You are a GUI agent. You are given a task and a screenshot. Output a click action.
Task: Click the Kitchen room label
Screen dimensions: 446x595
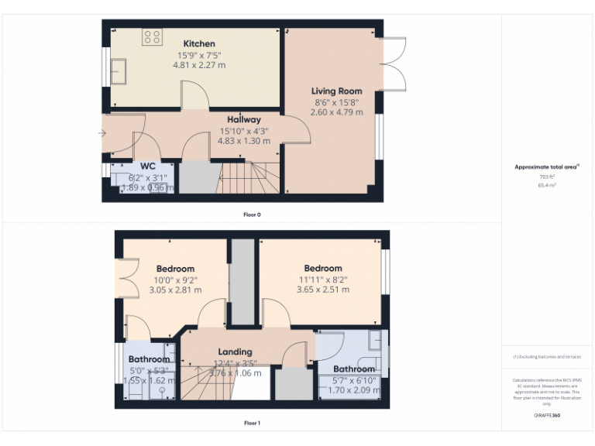(x=199, y=43)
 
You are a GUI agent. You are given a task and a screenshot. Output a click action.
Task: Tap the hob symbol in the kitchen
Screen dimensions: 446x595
(x=152, y=36)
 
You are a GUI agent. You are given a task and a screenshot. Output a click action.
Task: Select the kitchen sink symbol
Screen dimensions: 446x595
(x=121, y=71)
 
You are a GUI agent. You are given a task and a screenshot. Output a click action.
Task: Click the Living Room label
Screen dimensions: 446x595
(x=336, y=91)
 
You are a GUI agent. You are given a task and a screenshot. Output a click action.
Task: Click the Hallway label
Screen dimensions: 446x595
(x=243, y=119)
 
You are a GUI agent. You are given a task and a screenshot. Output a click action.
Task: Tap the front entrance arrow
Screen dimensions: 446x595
(x=103, y=134)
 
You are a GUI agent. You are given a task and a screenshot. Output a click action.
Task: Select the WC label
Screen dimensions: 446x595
(x=148, y=166)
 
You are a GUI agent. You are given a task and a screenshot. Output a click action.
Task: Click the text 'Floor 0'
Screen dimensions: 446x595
(x=252, y=214)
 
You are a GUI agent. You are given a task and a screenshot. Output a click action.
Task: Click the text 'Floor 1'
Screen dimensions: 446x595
(x=252, y=423)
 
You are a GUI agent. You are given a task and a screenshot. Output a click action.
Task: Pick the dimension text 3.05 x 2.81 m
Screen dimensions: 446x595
(x=175, y=290)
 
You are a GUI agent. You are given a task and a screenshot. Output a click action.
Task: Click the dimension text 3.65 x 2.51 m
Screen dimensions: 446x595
(x=323, y=290)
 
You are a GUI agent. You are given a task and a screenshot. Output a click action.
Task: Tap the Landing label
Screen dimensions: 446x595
(x=235, y=352)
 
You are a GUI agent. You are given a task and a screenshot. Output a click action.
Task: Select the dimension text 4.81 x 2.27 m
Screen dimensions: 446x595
(x=199, y=65)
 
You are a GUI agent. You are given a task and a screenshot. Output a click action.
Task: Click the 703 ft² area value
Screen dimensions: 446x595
(x=547, y=177)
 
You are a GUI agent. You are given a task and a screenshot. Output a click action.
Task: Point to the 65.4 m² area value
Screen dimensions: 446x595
(x=547, y=186)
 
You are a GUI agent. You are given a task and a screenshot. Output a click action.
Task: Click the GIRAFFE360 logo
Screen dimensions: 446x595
(x=547, y=416)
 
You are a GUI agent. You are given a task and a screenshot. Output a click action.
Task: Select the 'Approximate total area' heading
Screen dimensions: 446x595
(x=547, y=166)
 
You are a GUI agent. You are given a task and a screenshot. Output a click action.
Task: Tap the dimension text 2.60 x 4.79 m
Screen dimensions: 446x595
(x=336, y=112)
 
